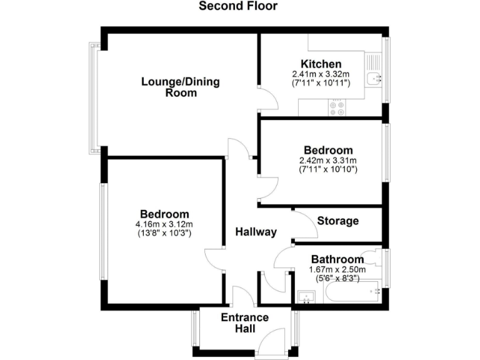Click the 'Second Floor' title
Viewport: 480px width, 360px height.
(x=237, y=7)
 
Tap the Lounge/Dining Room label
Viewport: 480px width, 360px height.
(x=181, y=87)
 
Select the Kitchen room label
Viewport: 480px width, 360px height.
(x=321, y=64)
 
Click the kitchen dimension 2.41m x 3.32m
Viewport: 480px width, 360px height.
(x=321, y=74)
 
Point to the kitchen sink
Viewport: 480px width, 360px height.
(x=373, y=77)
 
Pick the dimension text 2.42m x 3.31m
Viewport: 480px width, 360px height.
(x=328, y=160)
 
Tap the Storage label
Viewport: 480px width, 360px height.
(x=337, y=221)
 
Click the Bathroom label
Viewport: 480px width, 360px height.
(x=337, y=259)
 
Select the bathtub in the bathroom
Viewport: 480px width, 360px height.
(x=353, y=292)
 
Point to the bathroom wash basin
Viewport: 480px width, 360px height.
(x=306, y=297)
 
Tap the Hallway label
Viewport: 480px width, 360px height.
(x=256, y=232)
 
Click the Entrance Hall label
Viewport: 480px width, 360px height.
(x=245, y=323)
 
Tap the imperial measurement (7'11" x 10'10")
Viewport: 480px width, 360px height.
(x=328, y=169)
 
